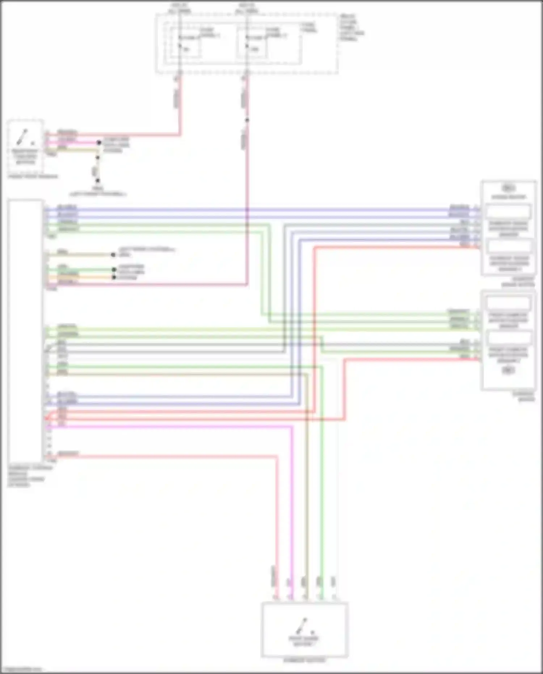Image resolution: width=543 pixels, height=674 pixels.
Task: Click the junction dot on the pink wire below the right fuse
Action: point(247,120)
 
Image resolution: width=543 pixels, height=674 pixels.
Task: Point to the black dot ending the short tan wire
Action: point(113,255)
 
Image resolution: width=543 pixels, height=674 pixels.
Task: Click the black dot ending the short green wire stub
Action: point(114,270)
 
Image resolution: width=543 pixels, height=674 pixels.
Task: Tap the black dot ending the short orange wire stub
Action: point(114,277)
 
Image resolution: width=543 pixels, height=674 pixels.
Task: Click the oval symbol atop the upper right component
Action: point(508,188)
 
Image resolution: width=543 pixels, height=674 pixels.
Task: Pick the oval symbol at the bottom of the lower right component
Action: point(508,370)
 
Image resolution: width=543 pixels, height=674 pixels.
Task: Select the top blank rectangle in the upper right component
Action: point(508,212)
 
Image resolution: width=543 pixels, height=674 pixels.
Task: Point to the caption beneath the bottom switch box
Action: point(304,660)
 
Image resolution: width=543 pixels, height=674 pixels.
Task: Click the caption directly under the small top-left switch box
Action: point(33,176)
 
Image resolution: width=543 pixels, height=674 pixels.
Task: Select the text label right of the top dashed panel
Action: point(352,28)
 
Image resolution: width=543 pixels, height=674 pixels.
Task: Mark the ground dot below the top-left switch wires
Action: point(98,181)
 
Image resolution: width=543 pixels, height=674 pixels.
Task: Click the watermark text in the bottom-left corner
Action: point(21,669)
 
